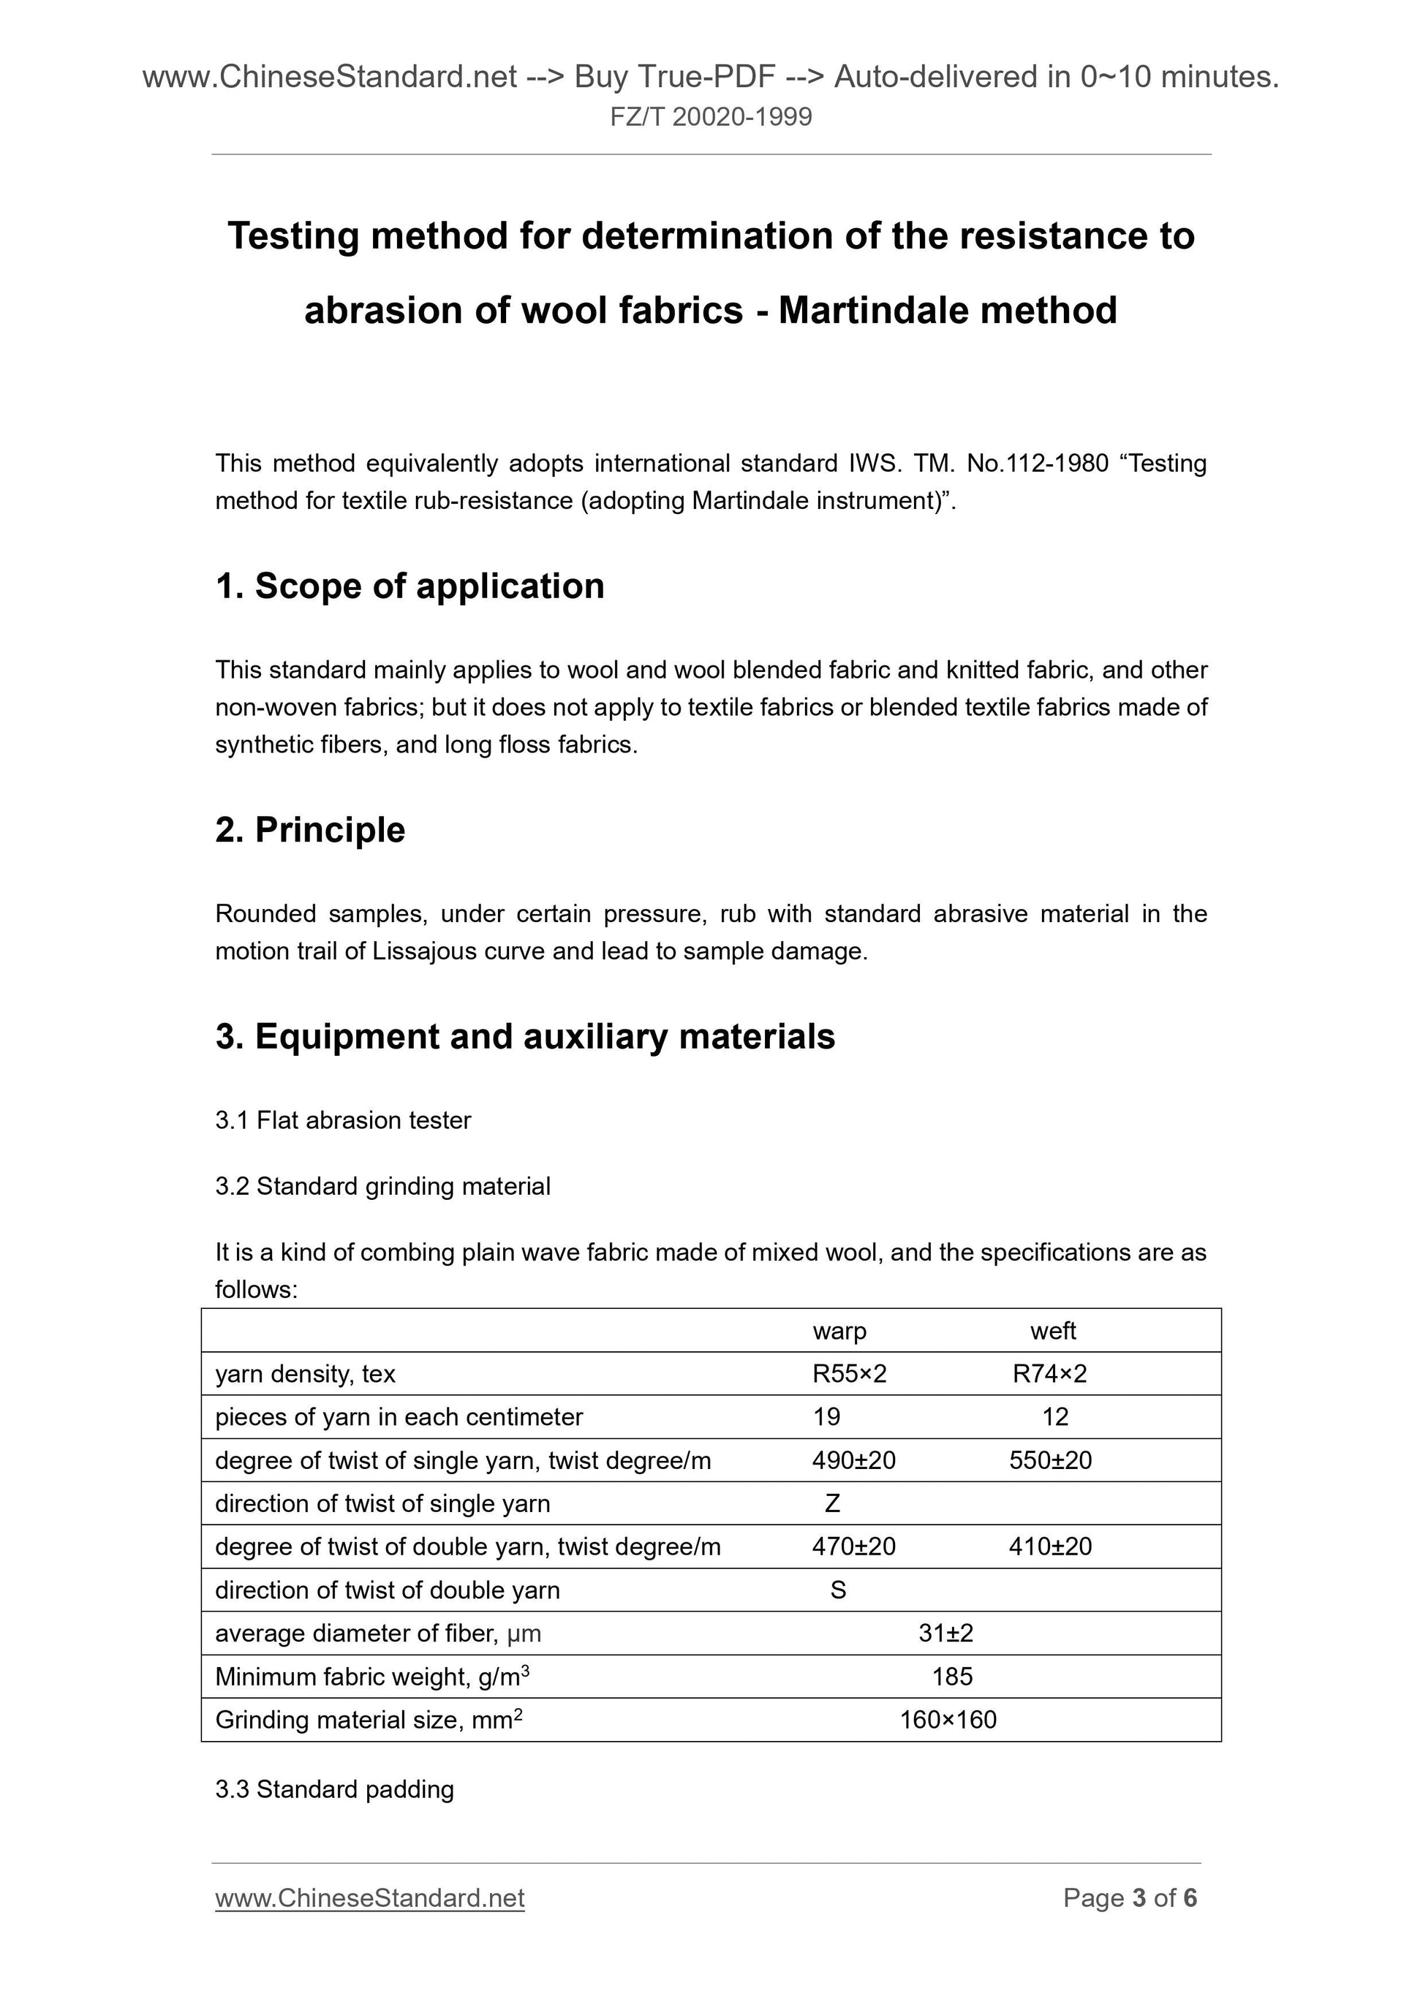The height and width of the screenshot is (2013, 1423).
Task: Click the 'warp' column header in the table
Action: click(839, 1331)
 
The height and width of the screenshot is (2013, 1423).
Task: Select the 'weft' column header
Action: click(1053, 1331)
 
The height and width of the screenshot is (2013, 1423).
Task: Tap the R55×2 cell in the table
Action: click(850, 1374)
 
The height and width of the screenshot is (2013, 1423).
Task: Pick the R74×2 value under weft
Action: click(1049, 1374)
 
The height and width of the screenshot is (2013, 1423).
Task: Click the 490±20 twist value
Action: click(854, 1461)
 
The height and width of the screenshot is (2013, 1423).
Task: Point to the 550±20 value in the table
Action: click(1050, 1461)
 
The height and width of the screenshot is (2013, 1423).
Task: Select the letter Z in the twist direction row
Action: click(833, 1503)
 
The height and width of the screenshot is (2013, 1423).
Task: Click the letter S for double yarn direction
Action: click(838, 1590)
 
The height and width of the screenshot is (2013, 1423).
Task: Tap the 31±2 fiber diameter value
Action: click(946, 1634)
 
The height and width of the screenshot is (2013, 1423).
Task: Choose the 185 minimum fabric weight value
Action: click(952, 1677)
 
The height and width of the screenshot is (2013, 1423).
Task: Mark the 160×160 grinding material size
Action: click(948, 1719)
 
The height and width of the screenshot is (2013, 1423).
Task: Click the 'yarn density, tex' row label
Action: click(305, 1374)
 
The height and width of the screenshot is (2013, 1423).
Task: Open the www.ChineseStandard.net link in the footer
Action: click(370, 1898)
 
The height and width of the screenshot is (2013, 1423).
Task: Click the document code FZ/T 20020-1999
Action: click(711, 116)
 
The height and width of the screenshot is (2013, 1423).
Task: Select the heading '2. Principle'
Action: click(310, 829)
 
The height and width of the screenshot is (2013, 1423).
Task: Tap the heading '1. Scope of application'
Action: click(409, 586)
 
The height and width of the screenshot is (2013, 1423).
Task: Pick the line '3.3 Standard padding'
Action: click(334, 1789)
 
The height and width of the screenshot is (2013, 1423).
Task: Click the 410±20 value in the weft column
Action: click(1050, 1546)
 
